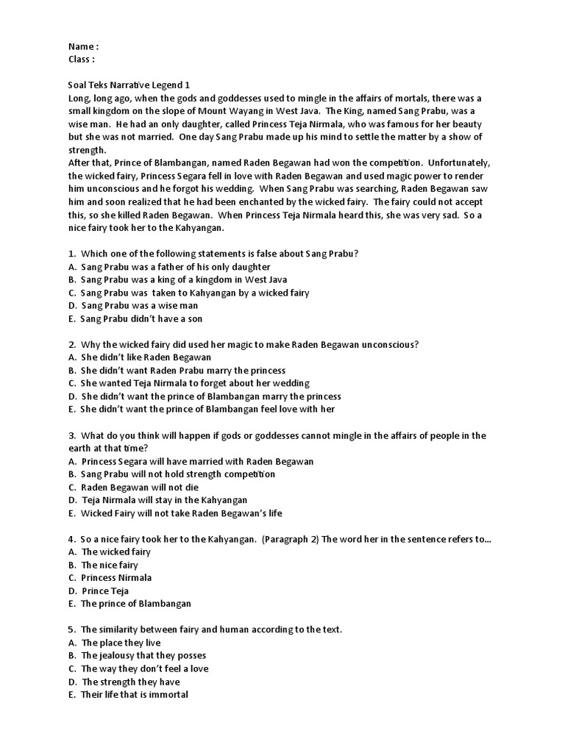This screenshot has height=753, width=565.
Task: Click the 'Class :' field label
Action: coord(81,60)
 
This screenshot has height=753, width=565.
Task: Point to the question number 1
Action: coord(71,254)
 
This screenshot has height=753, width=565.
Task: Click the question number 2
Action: coord(71,345)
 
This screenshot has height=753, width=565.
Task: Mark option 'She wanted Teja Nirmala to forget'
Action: coord(195,383)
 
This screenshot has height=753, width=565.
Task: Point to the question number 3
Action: coord(71,435)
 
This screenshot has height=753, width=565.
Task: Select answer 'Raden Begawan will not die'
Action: coord(140,488)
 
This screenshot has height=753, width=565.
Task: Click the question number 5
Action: coord(71,629)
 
